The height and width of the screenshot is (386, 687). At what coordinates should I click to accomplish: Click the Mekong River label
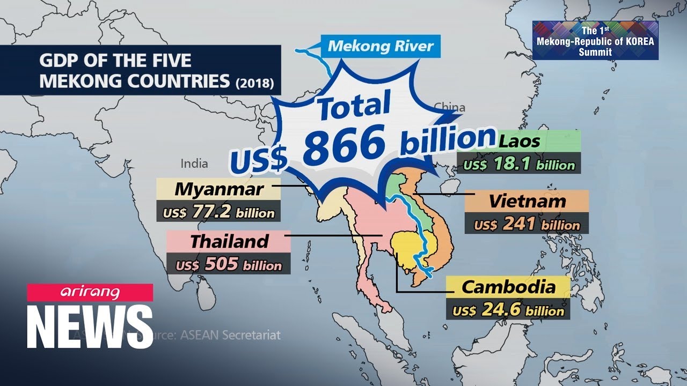[x=380, y=46]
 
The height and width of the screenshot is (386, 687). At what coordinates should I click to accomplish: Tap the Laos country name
[x=519, y=142]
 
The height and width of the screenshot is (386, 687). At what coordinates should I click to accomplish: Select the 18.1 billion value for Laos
[x=518, y=164]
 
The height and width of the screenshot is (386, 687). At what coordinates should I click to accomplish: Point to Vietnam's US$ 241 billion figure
[x=527, y=224]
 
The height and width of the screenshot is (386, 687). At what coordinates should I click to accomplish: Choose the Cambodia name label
[x=508, y=287]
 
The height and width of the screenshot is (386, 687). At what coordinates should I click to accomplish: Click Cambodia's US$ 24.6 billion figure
[x=508, y=310]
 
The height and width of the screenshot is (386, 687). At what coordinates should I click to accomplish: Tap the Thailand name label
[x=229, y=241]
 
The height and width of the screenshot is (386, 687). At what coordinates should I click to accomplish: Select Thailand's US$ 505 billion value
[x=229, y=264]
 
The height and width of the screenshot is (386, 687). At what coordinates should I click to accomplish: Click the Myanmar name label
[x=219, y=189]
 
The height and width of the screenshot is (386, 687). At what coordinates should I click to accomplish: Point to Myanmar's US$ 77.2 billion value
[x=219, y=212]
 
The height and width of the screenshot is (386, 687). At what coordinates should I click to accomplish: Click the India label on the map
[x=194, y=163]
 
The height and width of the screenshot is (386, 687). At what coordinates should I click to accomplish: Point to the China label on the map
[x=449, y=107]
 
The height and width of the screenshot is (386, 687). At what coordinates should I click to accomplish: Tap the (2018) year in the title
[x=255, y=83]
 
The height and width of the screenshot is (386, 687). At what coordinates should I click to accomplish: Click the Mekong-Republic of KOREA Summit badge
[x=595, y=40]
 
